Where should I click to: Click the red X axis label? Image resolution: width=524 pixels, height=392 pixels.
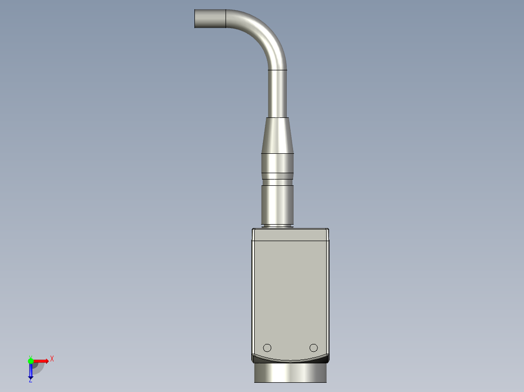click(x=52, y=359)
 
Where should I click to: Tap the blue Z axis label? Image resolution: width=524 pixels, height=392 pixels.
click(x=30, y=380)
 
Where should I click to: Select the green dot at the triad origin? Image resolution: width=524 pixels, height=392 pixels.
click(x=31, y=360)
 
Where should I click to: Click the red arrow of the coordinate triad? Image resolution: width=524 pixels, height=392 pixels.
click(x=43, y=361)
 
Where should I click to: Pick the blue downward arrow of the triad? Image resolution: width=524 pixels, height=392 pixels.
click(x=31, y=372)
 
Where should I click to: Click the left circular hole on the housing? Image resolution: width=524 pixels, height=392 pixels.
click(x=267, y=347)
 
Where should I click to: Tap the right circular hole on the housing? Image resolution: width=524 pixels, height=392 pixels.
click(x=314, y=347)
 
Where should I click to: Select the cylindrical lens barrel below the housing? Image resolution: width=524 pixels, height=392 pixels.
click(x=290, y=373)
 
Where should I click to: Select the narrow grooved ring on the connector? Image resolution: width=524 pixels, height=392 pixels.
click(x=278, y=177)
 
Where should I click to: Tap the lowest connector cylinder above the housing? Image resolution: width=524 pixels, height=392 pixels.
click(x=278, y=204)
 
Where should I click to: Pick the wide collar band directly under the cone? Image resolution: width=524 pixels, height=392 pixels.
click(x=278, y=163)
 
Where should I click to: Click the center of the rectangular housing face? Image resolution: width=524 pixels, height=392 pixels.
click(x=290, y=291)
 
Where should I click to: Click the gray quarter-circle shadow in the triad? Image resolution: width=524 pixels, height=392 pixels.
click(x=38, y=368)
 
